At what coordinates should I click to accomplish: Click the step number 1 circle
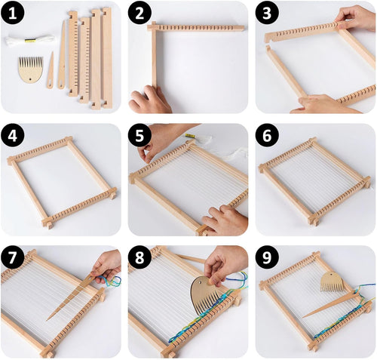[14, 14]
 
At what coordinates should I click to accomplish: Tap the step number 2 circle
[141, 14]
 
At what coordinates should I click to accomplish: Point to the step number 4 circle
[14, 137]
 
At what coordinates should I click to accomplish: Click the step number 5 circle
[141, 137]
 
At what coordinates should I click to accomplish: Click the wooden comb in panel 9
[333, 281]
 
